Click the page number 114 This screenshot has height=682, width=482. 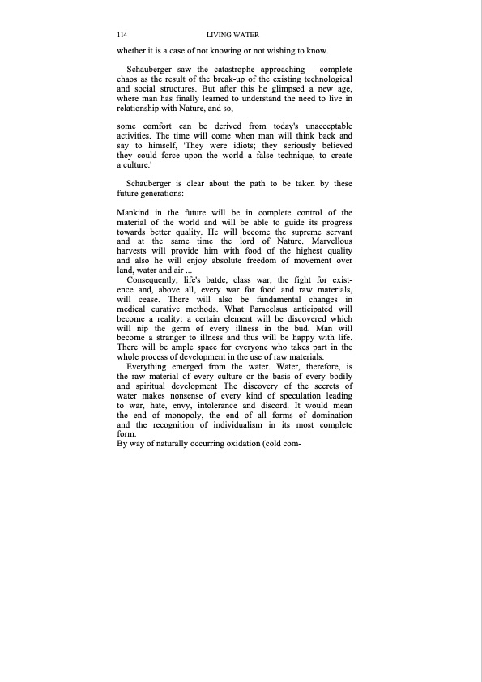click(x=123, y=36)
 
